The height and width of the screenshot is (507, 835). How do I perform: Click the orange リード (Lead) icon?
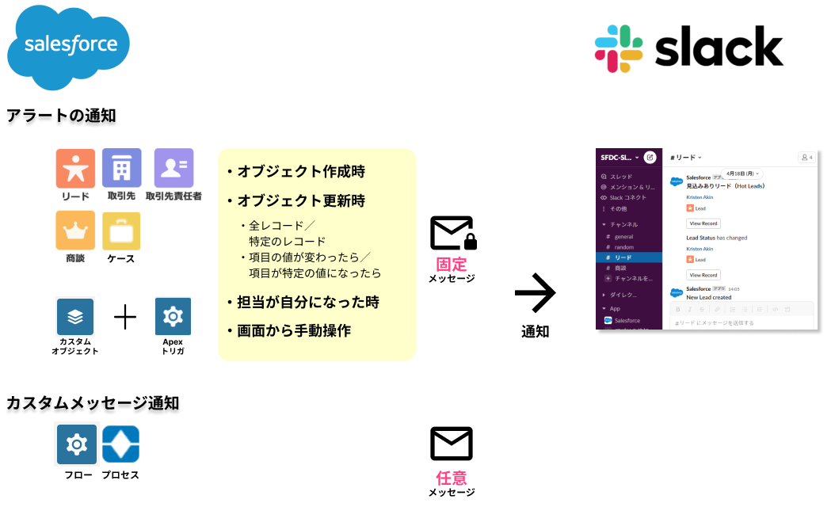click(75, 169)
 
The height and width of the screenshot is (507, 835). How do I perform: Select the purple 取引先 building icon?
click(121, 169)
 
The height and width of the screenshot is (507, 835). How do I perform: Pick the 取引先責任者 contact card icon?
click(173, 169)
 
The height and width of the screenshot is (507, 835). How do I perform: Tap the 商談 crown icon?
click(75, 231)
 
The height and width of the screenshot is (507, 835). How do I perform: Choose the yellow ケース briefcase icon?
click(121, 231)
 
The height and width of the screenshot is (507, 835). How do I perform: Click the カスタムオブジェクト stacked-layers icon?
click(75, 317)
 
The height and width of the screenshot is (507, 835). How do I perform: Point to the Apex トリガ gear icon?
click(173, 317)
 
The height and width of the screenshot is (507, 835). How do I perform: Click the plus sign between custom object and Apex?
click(125, 318)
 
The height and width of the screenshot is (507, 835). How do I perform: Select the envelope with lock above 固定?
click(452, 234)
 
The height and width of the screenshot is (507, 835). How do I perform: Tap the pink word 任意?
click(452, 478)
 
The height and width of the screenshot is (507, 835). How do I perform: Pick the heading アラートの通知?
click(61, 116)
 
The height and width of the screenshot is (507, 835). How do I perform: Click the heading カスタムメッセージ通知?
click(93, 403)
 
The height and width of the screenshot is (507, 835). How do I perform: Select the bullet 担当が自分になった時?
click(303, 302)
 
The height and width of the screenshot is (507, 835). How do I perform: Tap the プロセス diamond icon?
click(121, 444)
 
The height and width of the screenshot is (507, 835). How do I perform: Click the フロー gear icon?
click(77, 444)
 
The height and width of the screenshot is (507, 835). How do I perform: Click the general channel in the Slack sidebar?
click(623, 236)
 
